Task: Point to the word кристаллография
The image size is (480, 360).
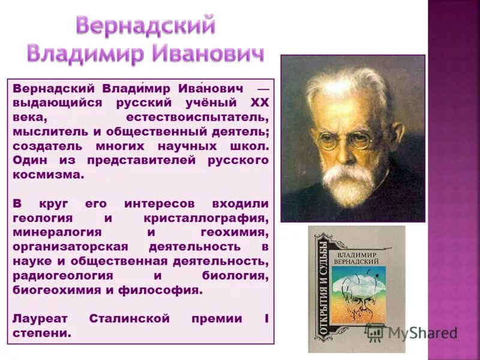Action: [205, 217]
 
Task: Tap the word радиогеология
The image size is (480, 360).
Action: [62, 275]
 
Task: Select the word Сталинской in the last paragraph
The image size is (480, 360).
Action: [129, 319]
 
